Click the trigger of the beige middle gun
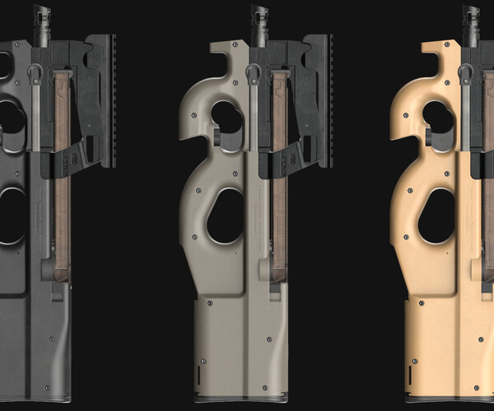point(217,136)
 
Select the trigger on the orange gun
point(428,136)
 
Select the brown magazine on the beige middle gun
point(278,164)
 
